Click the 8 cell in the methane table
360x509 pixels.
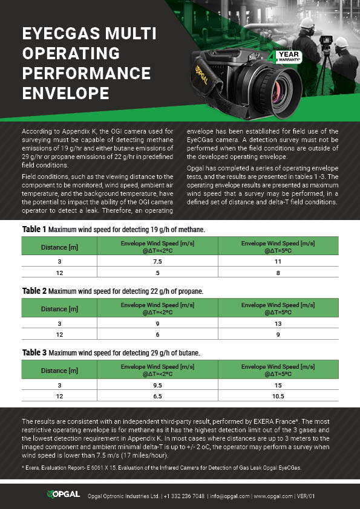(x=278, y=273)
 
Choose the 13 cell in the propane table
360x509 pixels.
(x=278, y=323)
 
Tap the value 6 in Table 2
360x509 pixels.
(x=157, y=334)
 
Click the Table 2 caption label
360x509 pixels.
(x=34, y=291)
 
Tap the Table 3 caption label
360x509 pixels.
(x=34, y=352)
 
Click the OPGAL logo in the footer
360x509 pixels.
(x=64, y=494)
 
